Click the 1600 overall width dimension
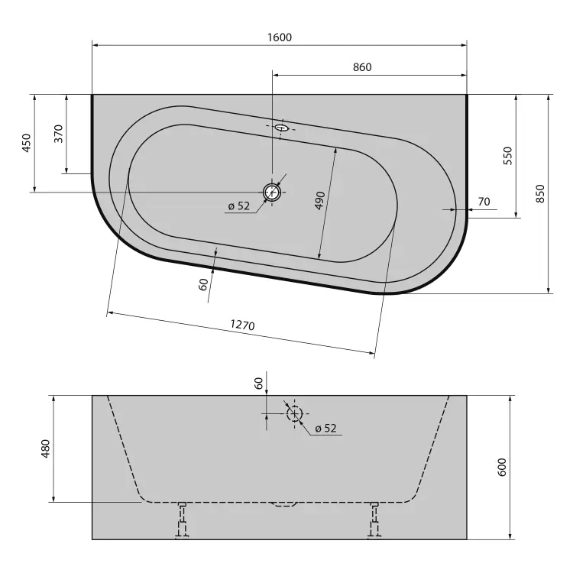point(280,37)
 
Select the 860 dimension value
point(362,67)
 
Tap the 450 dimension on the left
point(27,143)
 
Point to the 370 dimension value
point(59,134)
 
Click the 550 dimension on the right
point(508,156)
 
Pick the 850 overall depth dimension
point(540,194)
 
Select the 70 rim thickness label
point(484,202)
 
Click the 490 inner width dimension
point(320,200)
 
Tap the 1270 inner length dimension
point(242,325)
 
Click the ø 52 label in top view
point(239,206)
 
